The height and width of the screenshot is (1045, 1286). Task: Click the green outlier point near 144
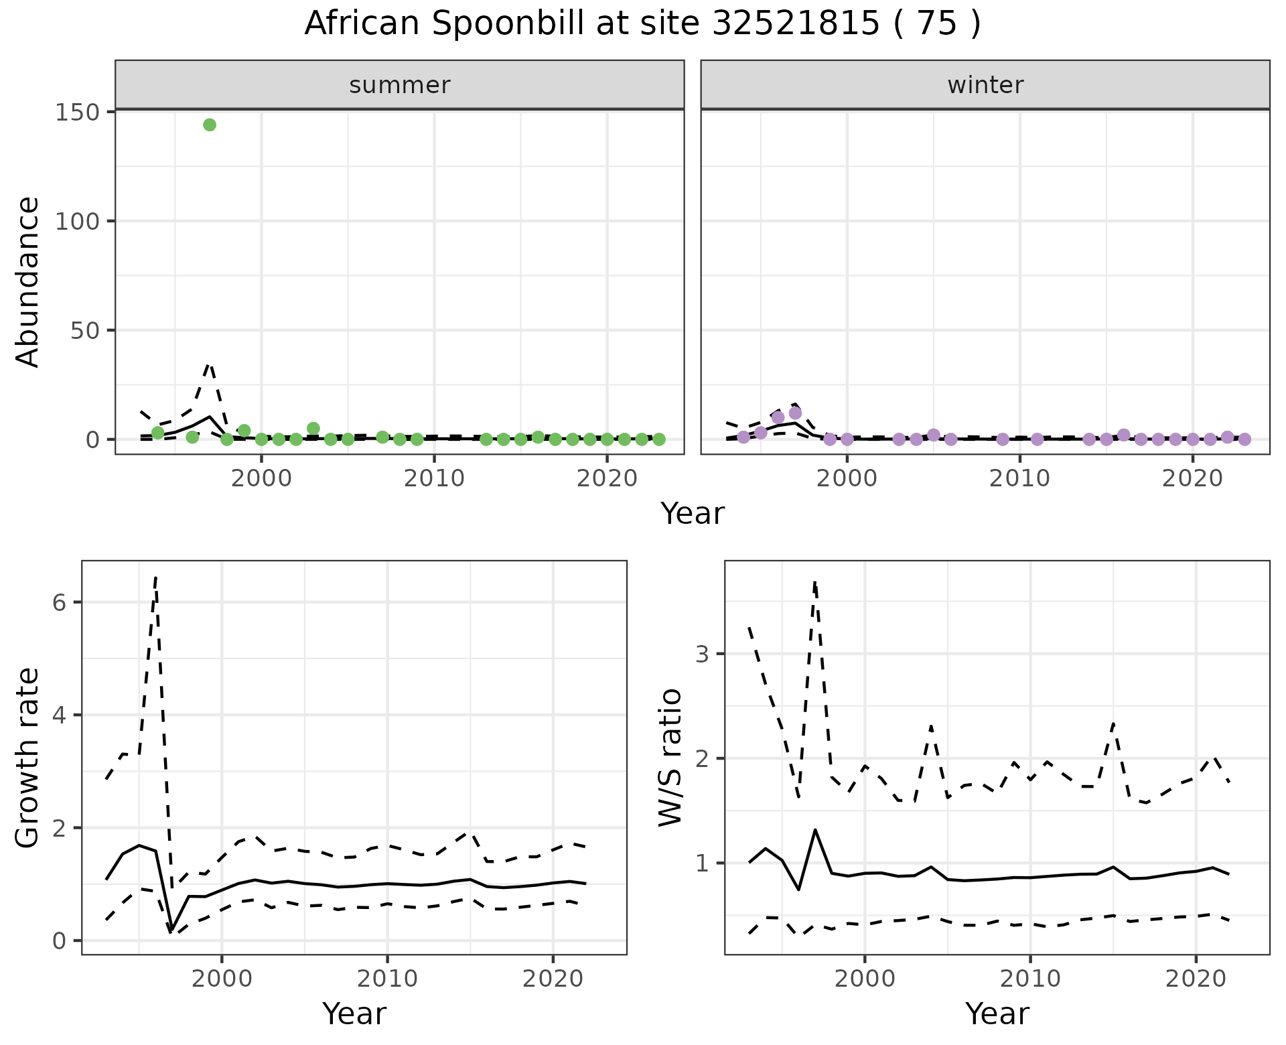[x=210, y=125]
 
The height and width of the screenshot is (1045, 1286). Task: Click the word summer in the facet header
[x=400, y=85]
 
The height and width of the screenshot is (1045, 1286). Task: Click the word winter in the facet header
[x=985, y=85]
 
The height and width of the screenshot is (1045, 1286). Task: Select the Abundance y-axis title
[x=28, y=282]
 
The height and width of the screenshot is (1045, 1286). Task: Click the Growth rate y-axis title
[x=28, y=758]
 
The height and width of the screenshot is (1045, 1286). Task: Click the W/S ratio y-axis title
[x=670, y=758]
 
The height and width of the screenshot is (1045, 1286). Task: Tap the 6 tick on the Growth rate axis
[x=60, y=602]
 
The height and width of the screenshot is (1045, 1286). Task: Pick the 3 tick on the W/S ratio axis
[x=703, y=654]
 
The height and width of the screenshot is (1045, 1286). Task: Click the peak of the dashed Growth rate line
[x=156, y=577]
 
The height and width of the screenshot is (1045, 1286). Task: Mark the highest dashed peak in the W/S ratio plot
[x=815, y=582]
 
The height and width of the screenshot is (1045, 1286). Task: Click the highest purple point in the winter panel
[x=795, y=413]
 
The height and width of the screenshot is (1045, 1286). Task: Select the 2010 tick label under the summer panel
[x=434, y=479]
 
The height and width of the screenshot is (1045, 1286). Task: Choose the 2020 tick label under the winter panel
[x=1192, y=479]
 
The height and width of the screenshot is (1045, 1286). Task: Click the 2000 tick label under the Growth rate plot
[x=222, y=979]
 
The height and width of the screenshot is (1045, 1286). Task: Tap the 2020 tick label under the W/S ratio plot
[x=1196, y=979]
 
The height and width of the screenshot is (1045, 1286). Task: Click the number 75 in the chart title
[x=936, y=24]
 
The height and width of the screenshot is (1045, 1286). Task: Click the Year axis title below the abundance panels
[x=693, y=514]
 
